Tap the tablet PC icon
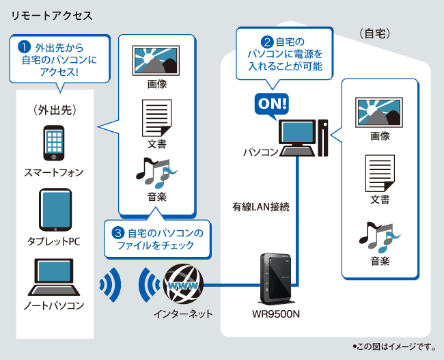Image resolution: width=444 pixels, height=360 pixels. pos(54,210)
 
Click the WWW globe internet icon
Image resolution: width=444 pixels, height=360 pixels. pos(182,283)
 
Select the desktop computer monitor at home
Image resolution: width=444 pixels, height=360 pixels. pos(298,134)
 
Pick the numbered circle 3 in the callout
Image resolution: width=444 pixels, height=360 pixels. pos(117,233)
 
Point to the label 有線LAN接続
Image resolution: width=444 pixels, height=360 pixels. pos(260,206)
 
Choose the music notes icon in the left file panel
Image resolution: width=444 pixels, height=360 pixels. pos(156,173)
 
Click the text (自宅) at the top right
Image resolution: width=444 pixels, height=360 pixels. pos(374,33)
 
